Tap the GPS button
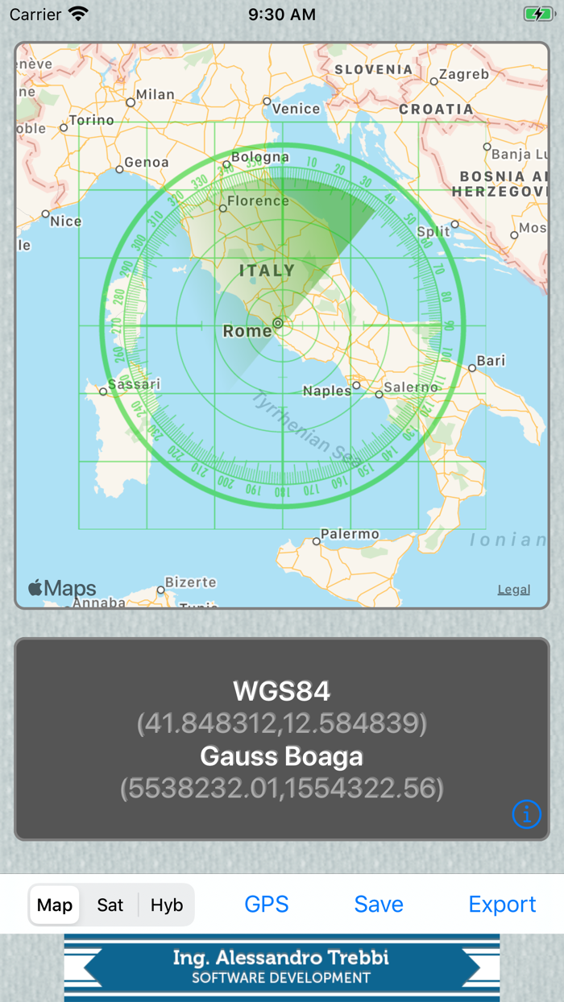[x=267, y=905]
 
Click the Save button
[x=379, y=905]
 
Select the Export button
[x=502, y=905]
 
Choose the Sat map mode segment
[x=110, y=905]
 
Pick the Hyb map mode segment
[x=167, y=905]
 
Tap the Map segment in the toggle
[x=55, y=905]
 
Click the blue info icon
[x=526, y=814]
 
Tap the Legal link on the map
[x=513, y=590]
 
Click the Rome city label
[x=247, y=331]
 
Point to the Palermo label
[x=350, y=534]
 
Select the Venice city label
[x=296, y=109]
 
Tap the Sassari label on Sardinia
[x=134, y=384]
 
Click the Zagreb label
[x=464, y=74]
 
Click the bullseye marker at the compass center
[x=278, y=324]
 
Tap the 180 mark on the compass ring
[x=281, y=491]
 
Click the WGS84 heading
[x=282, y=691]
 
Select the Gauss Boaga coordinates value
[x=282, y=788]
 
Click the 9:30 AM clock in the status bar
[x=282, y=14]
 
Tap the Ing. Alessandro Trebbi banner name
[x=281, y=958]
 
